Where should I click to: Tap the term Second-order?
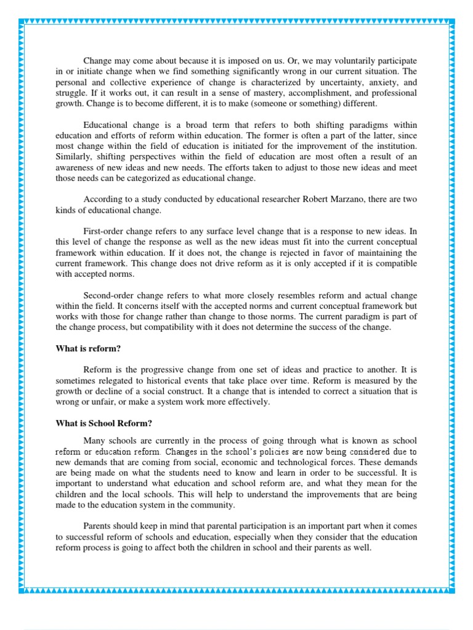pyautogui.click(x=113, y=295)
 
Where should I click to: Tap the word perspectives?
pyautogui.click(x=160, y=157)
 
